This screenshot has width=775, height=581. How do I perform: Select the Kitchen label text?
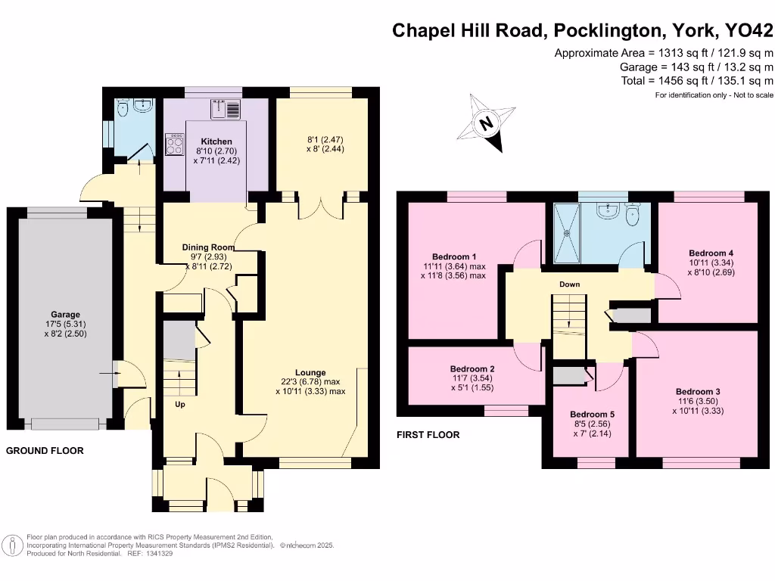[x=216, y=141]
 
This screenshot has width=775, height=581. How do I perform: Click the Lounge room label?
[x=310, y=372]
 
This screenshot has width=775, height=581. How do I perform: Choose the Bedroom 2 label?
[x=471, y=368]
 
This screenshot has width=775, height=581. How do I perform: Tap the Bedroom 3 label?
[x=697, y=391]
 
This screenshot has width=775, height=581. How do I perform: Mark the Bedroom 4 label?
[x=711, y=253]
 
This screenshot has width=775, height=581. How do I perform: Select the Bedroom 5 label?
[x=592, y=415]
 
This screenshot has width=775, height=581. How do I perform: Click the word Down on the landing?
[x=570, y=284]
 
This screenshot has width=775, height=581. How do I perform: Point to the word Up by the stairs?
[x=180, y=405]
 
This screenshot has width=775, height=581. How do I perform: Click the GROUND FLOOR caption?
[x=45, y=451]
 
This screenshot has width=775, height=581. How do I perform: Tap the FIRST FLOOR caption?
[x=428, y=435]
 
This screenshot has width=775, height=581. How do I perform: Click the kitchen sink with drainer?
[x=227, y=110]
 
